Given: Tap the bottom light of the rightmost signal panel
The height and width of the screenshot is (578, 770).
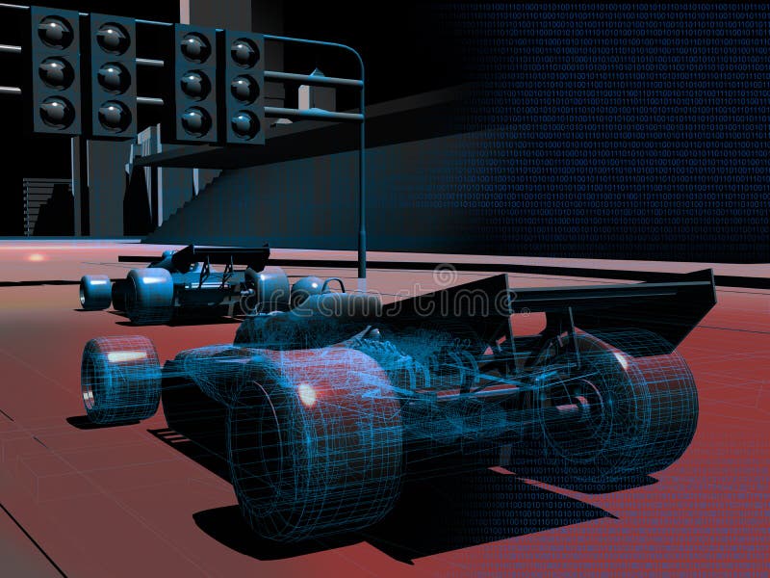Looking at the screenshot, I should pos(244,123).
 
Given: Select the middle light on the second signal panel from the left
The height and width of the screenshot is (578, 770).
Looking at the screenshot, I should pos(113,76).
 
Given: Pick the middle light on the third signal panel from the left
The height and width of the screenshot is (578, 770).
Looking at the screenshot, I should pos(195,84).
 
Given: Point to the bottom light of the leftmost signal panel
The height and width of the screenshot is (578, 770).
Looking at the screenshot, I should pos(56,110).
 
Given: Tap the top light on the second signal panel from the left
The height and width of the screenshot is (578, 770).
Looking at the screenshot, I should pos(113,39).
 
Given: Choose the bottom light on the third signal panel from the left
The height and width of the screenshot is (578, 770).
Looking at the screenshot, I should pos(195,119).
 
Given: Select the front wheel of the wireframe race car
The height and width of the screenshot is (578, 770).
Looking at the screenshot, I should pos(119,380).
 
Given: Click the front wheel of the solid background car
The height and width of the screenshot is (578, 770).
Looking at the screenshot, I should pos(95,292).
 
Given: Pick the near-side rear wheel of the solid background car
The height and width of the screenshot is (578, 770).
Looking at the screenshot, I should pos(149,295).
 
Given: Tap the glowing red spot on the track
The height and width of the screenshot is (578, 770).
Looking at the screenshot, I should pos(37,257).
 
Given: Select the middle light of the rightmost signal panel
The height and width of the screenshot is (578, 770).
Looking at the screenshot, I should pos(244,88).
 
